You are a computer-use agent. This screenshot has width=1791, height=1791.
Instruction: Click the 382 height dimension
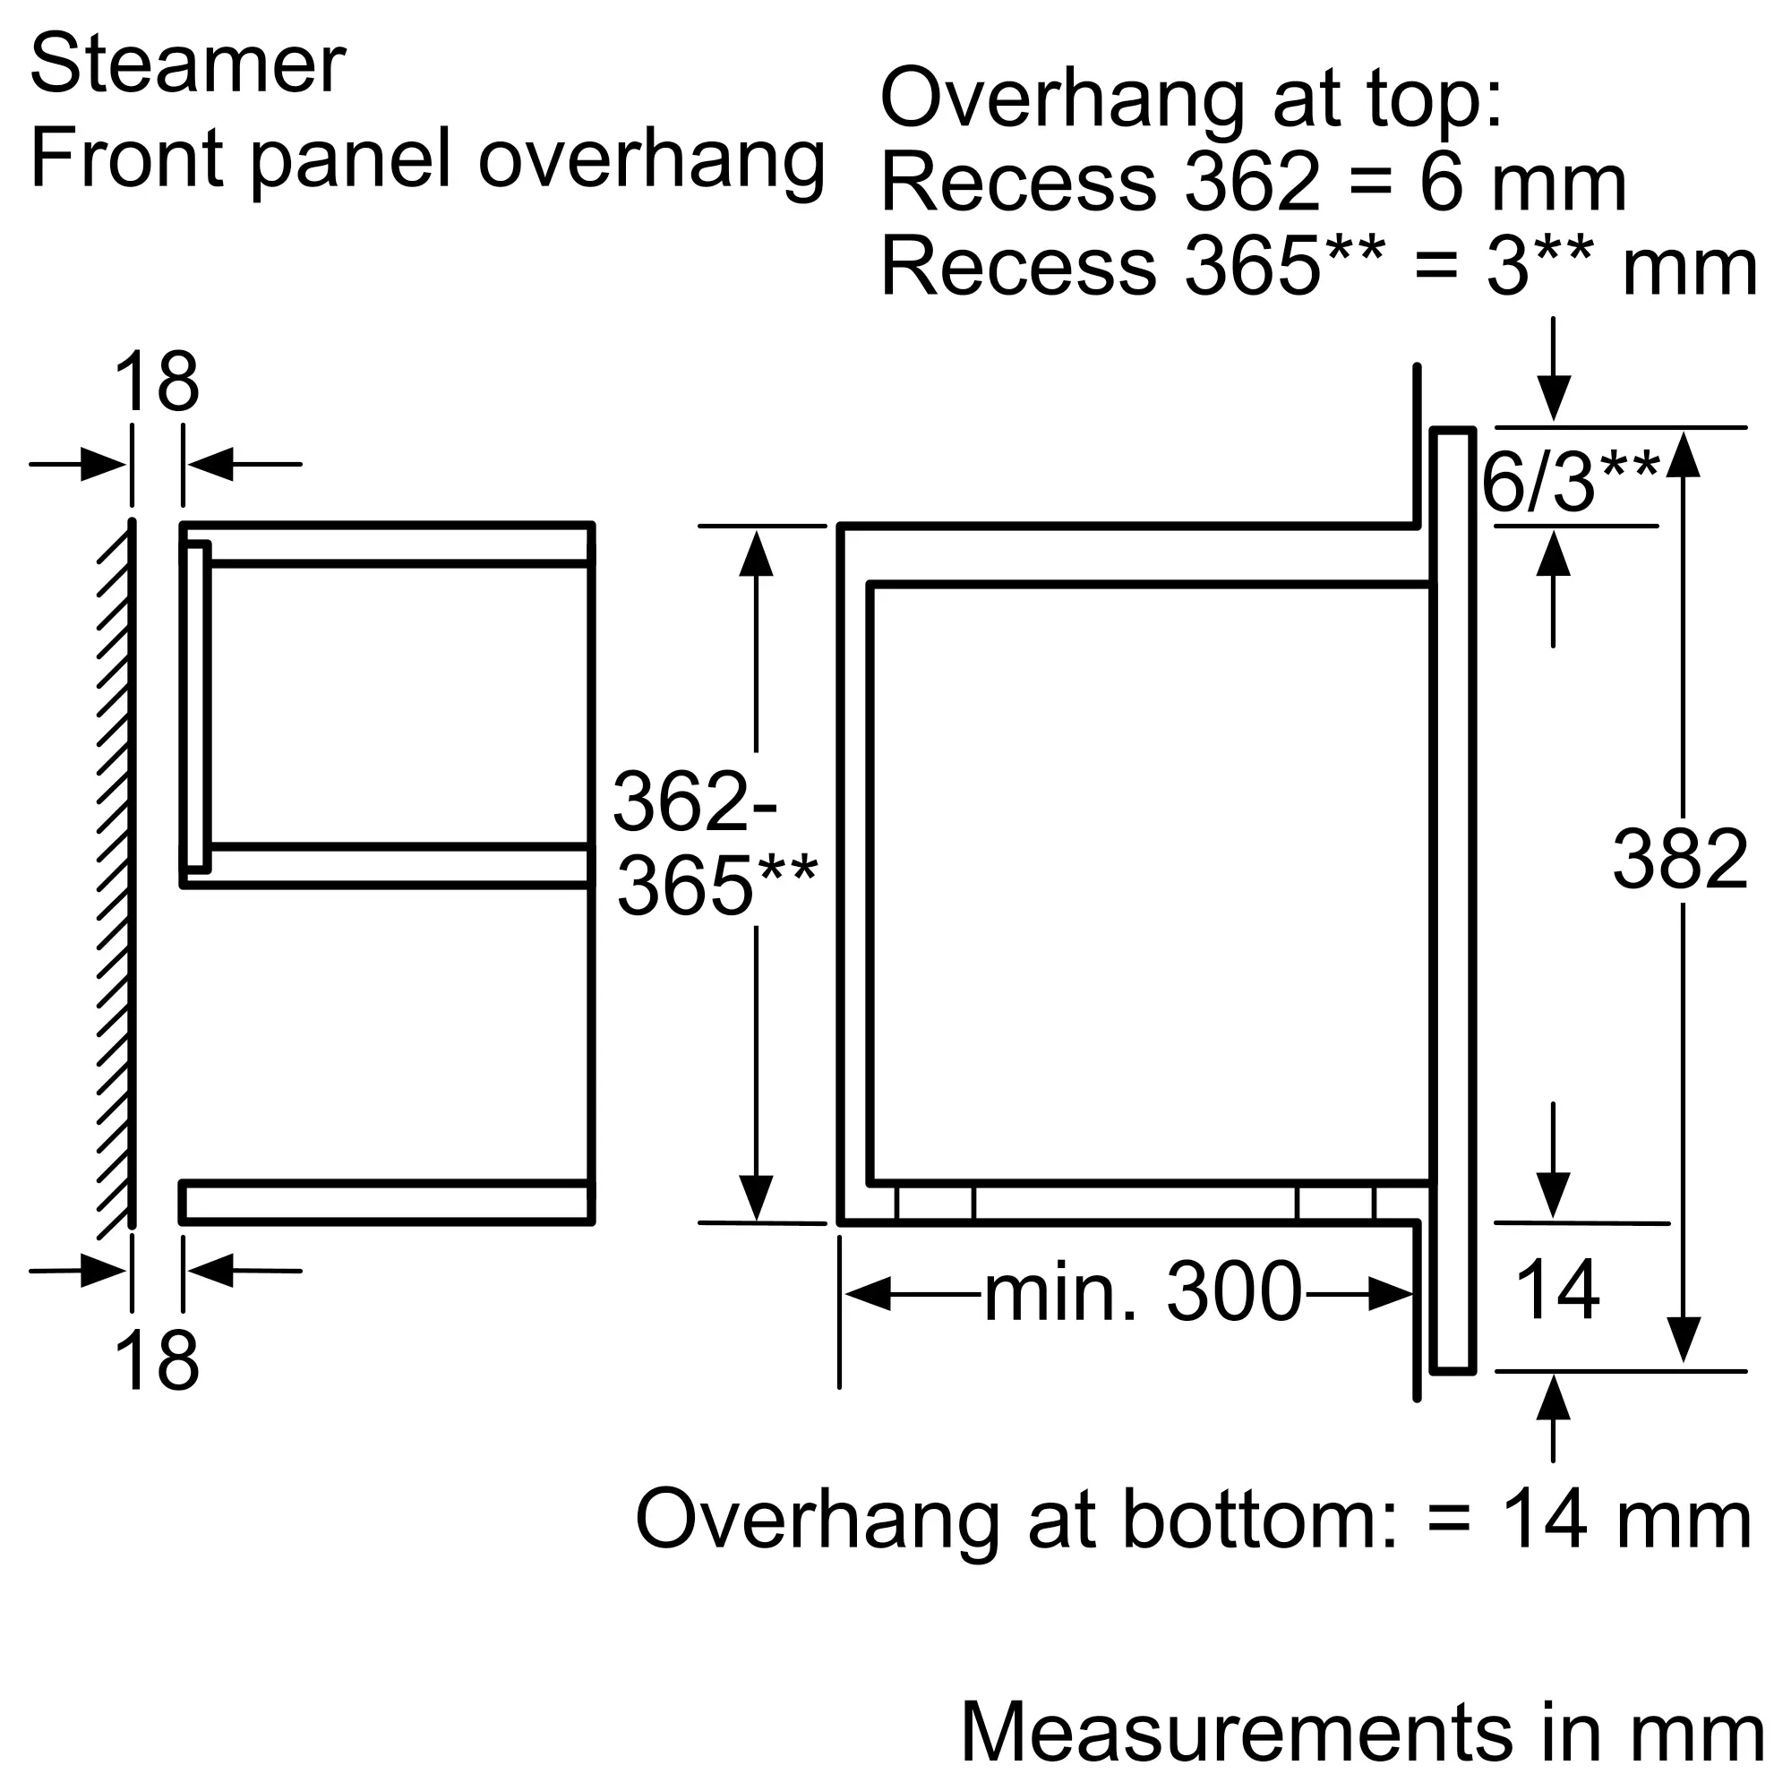1680,860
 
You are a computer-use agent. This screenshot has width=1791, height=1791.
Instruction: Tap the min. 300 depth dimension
1143,1293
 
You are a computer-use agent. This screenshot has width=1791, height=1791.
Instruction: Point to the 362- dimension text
694,801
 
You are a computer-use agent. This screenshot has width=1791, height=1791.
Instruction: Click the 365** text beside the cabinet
716,887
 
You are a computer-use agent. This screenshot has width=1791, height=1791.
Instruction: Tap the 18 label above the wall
156,382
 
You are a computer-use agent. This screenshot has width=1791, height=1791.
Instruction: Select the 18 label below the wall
156,1361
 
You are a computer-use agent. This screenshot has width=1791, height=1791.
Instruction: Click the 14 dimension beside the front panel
1557,1290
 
